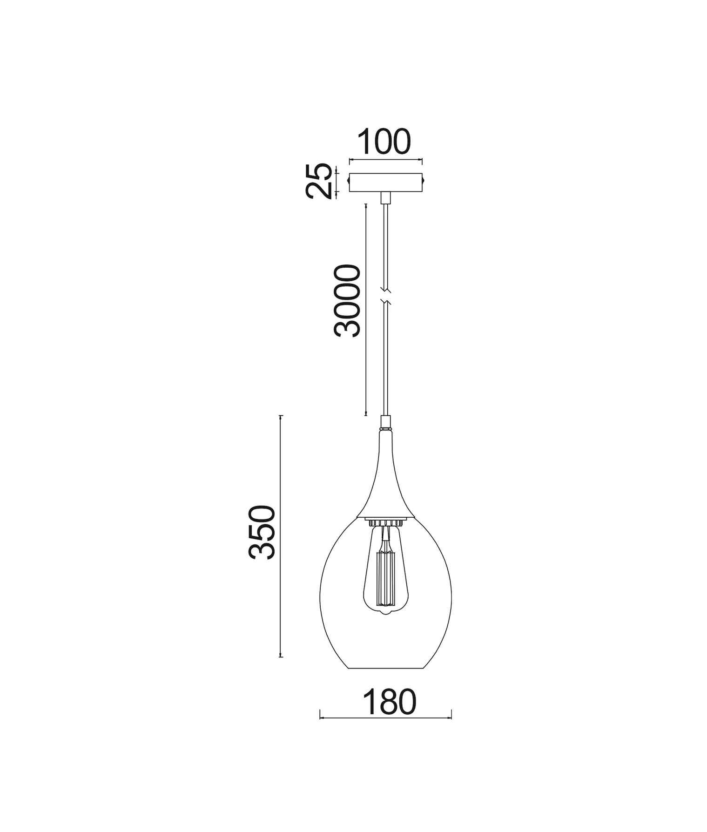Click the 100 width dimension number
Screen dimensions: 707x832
pos(384,142)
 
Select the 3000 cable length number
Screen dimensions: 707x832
pos(347,301)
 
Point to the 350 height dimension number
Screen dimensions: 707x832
pos(262,532)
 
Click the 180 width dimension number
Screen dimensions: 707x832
pos(389,702)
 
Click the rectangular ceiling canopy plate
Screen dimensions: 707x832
pos(386,182)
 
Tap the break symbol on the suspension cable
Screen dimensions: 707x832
pos(386,298)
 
